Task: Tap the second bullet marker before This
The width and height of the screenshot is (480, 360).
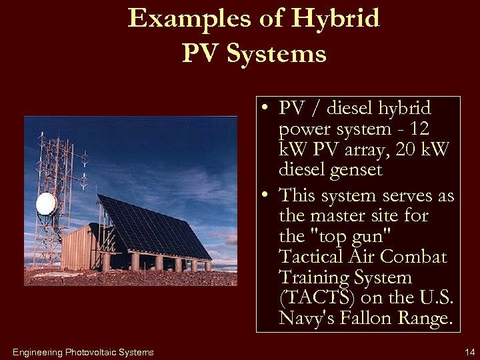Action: [x=266, y=195]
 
